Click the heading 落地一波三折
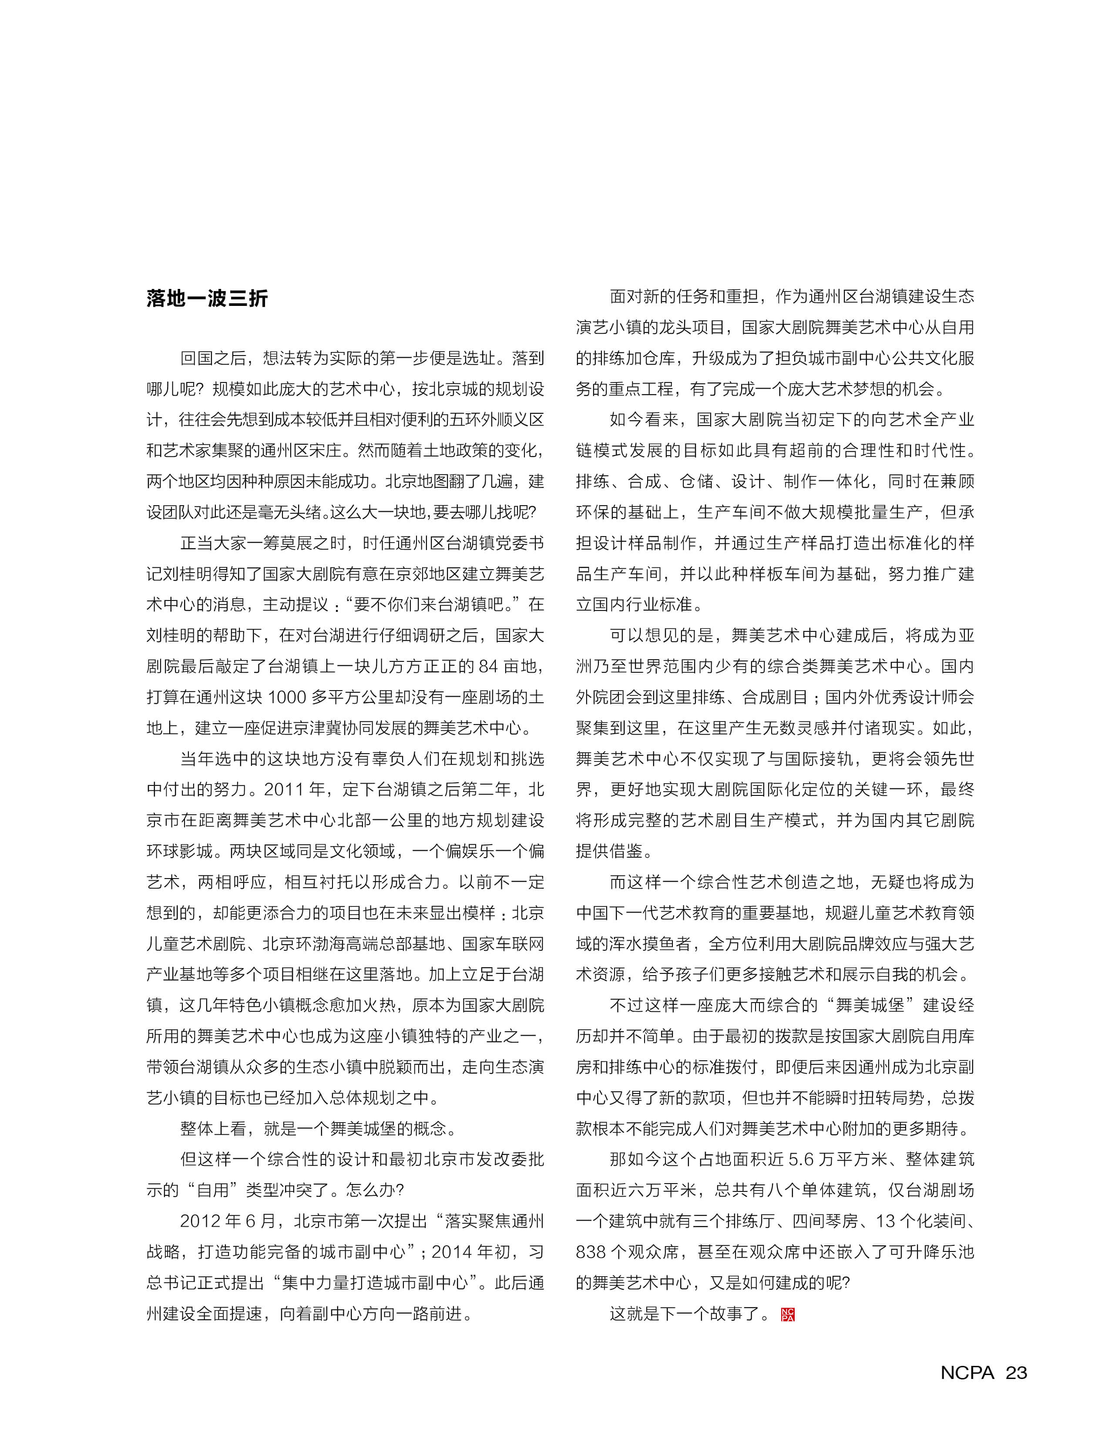point(207,299)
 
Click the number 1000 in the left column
point(287,697)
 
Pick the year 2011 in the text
point(284,790)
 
